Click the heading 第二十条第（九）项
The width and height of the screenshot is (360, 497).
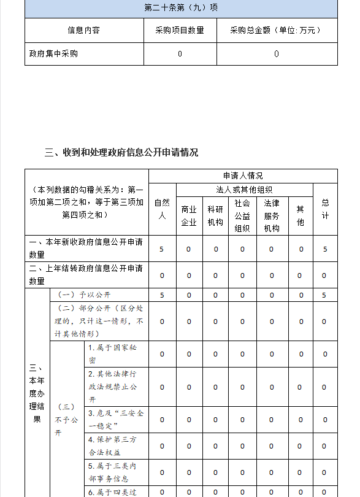tap(181, 8)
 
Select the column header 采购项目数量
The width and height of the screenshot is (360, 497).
tap(180, 30)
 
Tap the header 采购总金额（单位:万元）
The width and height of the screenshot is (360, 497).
tap(277, 30)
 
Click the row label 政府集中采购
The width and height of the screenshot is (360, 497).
tap(54, 54)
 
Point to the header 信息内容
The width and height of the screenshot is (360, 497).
tap(84, 30)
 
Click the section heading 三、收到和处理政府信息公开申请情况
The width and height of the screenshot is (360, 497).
tap(121, 153)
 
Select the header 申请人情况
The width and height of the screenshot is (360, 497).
tap(243, 176)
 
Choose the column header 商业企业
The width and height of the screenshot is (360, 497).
tap(189, 215)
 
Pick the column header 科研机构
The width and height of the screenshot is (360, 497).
tap(215, 215)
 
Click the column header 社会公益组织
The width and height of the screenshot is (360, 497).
tap(242, 215)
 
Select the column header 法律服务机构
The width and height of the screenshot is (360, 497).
tap(272, 215)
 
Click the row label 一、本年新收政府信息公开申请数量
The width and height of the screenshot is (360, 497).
tap(86, 249)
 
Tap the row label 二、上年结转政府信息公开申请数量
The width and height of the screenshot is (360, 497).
tap(86, 275)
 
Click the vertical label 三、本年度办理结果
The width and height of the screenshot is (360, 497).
tap(37, 393)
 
